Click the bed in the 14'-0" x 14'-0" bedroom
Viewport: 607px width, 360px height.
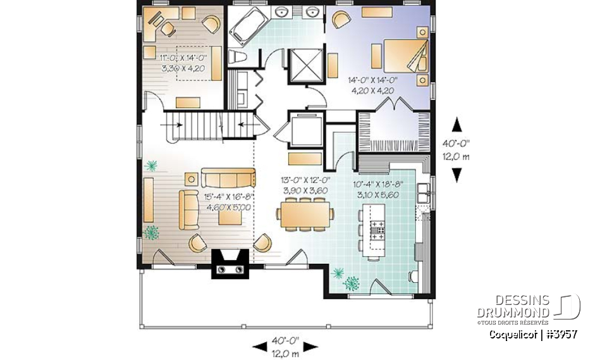pyautogui.click(x=405, y=54)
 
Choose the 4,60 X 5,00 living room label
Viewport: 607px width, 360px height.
pyautogui.click(x=225, y=206)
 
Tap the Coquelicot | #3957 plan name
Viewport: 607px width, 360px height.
pyautogui.click(x=532, y=333)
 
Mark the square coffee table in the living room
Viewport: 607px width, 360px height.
pyautogui.click(x=229, y=216)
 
